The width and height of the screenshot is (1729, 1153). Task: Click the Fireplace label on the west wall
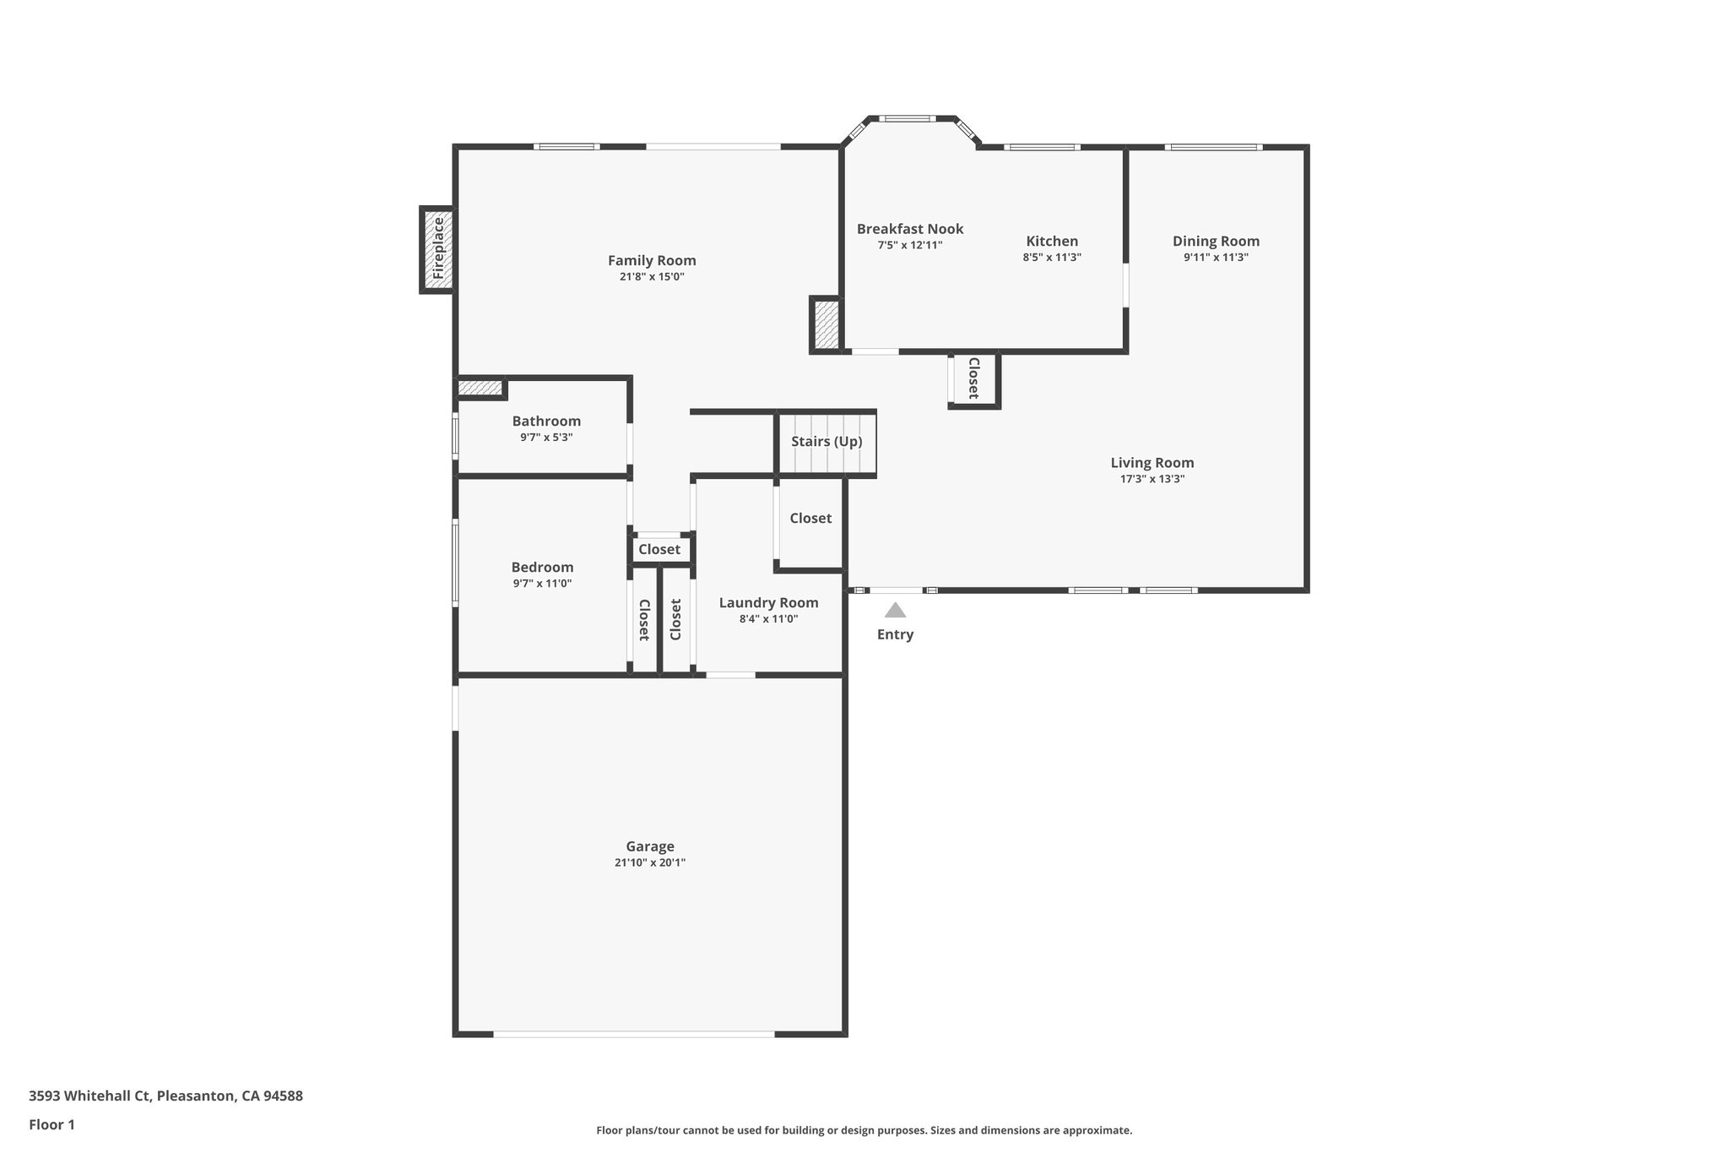[x=438, y=249]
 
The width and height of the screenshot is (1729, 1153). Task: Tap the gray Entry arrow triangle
[x=895, y=610]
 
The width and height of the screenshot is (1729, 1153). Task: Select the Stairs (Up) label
[x=827, y=442]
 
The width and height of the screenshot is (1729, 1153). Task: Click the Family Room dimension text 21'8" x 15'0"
[x=652, y=276]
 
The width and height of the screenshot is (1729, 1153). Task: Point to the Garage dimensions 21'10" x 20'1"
[x=650, y=862]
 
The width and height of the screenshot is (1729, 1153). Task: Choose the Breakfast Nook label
[x=910, y=229]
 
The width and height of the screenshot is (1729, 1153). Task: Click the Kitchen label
[x=1052, y=241]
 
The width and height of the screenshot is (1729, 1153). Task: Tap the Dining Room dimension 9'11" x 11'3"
[x=1216, y=257]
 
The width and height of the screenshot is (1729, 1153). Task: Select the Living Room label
[x=1152, y=462]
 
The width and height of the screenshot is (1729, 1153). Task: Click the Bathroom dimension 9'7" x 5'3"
[x=546, y=437]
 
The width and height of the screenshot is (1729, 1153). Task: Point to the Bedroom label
[x=542, y=567]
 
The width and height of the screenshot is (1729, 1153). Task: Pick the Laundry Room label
[x=768, y=602]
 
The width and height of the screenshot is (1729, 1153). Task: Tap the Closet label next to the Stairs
[x=810, y=518]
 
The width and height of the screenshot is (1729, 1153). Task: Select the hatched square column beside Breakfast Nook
[x=826, y=325]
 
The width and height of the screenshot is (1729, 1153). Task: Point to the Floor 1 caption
[x=51, y=1124]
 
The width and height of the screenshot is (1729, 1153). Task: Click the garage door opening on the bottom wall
[x=633, y=1033]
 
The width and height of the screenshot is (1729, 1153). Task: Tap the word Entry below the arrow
[x=895, y=634]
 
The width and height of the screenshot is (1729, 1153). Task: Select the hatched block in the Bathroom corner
[x=480, y=388]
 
